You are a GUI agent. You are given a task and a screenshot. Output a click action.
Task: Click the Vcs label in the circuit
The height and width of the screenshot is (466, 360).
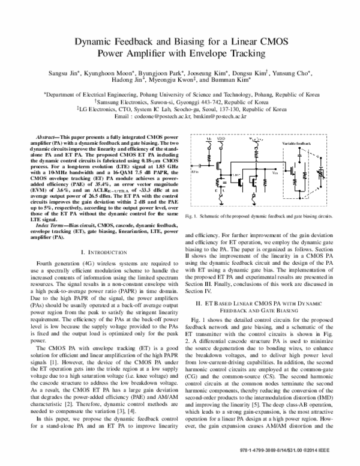coord(275,173)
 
